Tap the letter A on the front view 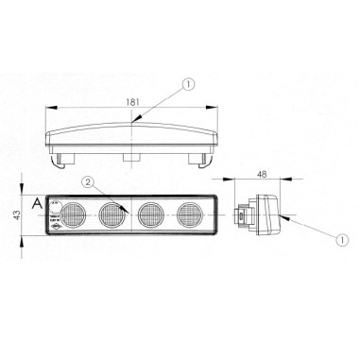point(35,204)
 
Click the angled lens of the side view point(275,214)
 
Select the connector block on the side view point(245,215)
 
